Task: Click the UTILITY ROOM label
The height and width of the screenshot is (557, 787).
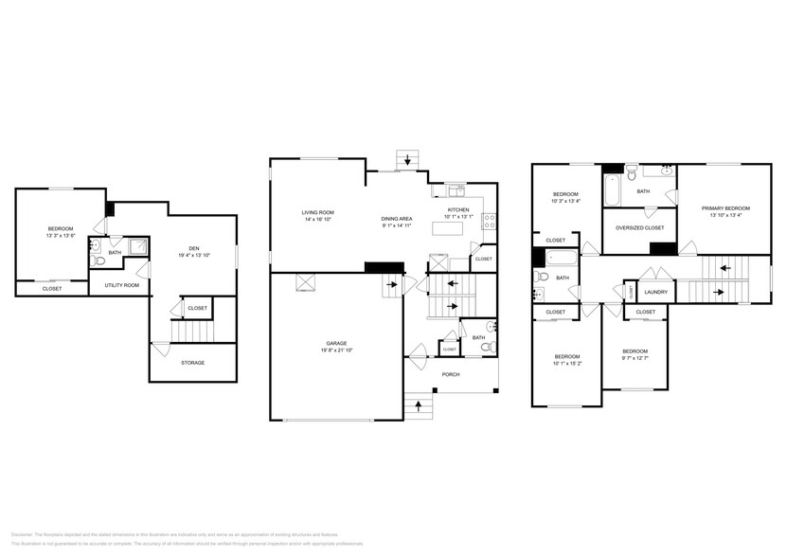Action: click(121, 285)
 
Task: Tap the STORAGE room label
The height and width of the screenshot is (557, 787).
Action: click(192, 363)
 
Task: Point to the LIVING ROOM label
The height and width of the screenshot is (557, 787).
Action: click(317, 212)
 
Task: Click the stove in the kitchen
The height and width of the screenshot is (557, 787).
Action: click(489, 222)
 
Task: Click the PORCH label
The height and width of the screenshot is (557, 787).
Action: click(451, 374)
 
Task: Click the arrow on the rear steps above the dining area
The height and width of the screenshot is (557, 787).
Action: click(408, 158)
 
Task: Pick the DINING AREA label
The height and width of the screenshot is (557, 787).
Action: click(398, 219)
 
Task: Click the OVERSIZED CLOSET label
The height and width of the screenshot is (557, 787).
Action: click(639, 228)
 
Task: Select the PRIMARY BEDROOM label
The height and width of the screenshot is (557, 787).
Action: click(725, 208)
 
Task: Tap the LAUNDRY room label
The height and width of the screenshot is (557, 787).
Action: click(656, 292)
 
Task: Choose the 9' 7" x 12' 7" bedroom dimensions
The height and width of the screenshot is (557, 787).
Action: click(635, 357)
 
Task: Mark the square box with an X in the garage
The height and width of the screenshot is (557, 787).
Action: click(305, 281)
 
